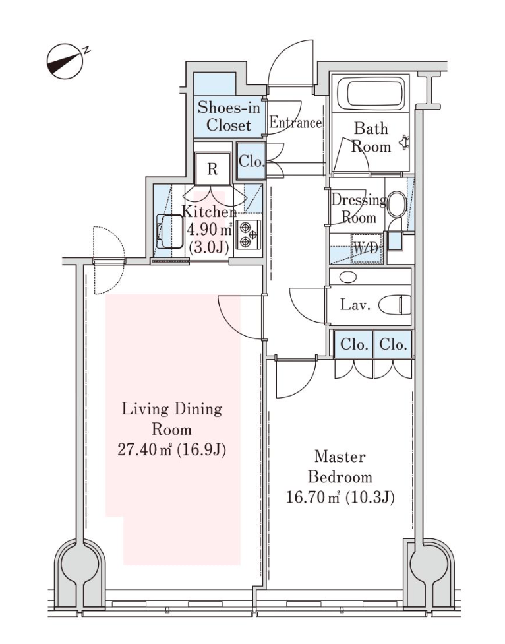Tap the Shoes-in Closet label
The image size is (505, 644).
224,115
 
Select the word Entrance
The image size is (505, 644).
295,123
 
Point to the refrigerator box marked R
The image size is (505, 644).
212,169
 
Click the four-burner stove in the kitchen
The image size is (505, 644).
249,234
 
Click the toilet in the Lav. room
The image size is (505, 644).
395,305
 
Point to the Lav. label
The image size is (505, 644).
355,306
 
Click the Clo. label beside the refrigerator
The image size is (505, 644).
251,161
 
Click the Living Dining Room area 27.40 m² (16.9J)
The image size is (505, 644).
171,450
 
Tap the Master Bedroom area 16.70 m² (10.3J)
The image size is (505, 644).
340,497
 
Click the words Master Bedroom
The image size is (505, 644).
340,466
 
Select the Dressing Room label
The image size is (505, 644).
358,209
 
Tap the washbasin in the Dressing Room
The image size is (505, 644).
396,205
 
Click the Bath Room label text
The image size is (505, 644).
371,137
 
